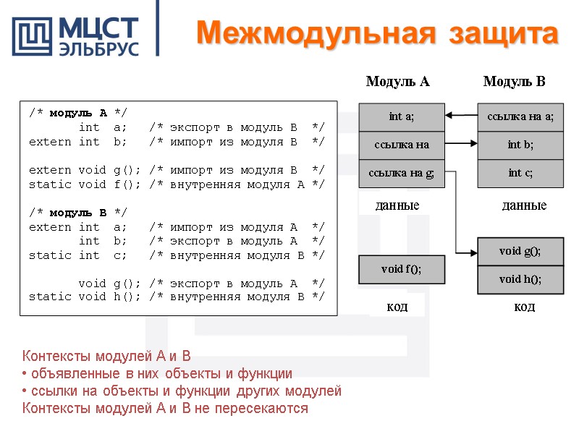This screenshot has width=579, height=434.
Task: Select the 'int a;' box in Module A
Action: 402,116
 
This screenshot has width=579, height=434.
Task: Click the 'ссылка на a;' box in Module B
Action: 520,116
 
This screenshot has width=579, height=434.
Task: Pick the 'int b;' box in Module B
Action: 520,145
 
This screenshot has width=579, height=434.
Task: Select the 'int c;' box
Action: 520,172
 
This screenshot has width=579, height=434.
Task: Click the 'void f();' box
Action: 402,269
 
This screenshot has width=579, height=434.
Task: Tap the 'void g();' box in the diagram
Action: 520,251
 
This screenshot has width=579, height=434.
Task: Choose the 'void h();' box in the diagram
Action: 520,279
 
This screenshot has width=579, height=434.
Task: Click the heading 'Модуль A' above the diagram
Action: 397,82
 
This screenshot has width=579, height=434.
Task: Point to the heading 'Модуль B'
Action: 514,82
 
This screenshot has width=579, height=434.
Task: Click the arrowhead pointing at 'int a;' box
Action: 449,115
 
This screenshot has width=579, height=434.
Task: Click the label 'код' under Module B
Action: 524,307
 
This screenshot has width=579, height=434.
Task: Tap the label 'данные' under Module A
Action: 397,206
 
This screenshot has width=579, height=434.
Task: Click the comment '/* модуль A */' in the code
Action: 78,114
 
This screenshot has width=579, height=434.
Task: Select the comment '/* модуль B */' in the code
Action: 78,213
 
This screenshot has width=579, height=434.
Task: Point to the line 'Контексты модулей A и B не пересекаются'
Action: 165,409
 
